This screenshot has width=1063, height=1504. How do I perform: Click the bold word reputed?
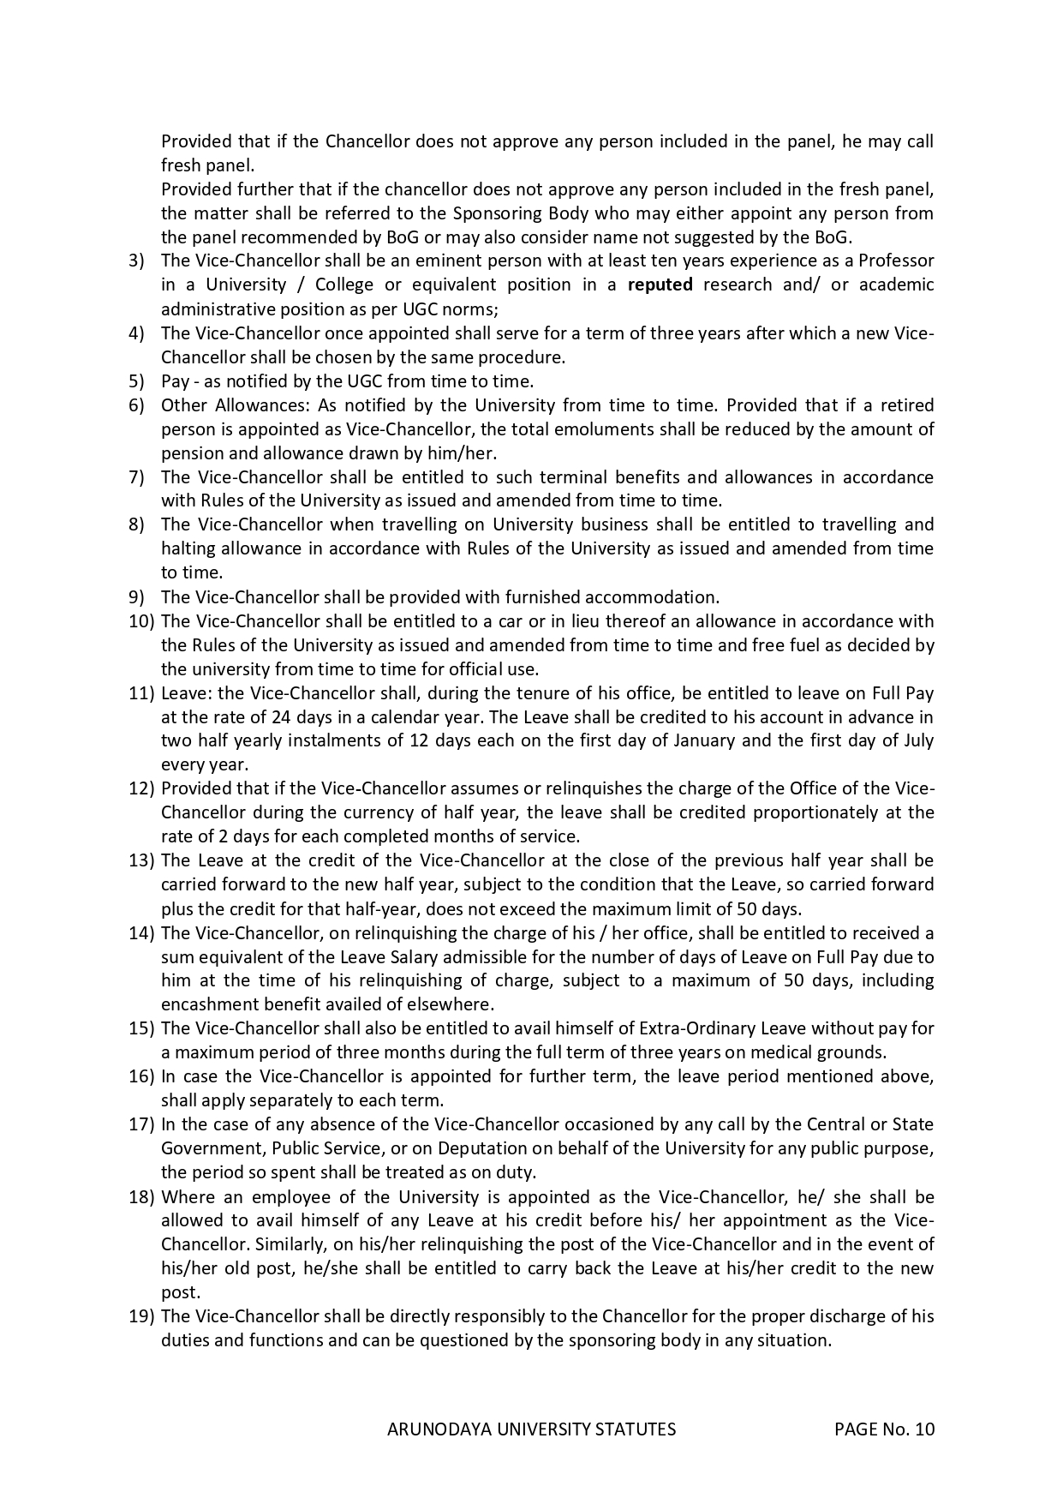[x=660, y=285]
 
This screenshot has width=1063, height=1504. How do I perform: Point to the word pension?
[x=187, y=453]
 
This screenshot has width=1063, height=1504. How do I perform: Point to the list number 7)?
[x=137, y=477]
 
